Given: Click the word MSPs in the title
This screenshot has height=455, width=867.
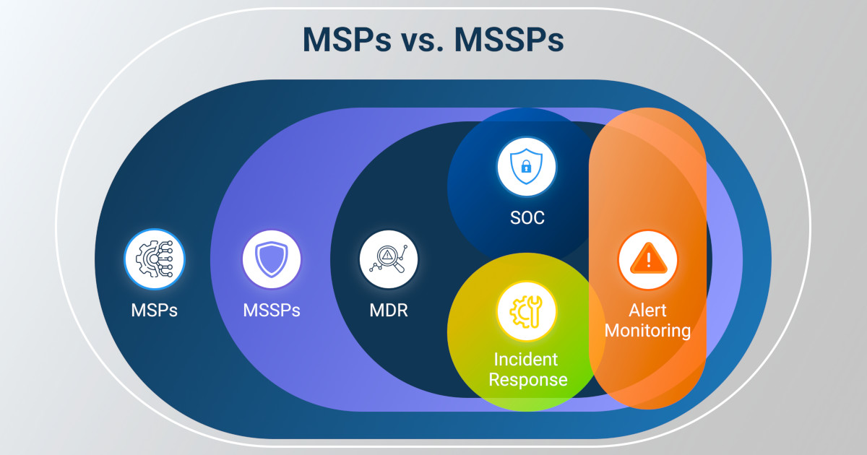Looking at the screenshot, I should click(345, 40).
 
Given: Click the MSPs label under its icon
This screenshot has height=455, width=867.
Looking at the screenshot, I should click(155, 311).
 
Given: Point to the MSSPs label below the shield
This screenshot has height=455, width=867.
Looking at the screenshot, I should click(272, 311).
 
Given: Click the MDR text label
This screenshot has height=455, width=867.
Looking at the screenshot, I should click(388, 311).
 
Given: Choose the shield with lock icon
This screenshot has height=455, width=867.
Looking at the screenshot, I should click(527, 166).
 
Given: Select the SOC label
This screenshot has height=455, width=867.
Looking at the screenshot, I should click(527, 217).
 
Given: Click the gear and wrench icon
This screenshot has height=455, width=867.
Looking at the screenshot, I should click(527, 311).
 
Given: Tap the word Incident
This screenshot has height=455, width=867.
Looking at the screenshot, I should click(527, 359).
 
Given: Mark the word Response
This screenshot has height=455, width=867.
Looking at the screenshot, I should click(527, 379).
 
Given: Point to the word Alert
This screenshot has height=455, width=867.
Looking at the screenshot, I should click(648, 311).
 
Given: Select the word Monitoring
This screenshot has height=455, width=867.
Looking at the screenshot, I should click(648, 331).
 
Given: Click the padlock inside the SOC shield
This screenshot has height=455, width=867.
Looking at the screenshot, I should click(527, 168).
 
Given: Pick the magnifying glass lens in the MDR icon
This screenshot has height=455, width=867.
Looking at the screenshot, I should click(387, 256).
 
